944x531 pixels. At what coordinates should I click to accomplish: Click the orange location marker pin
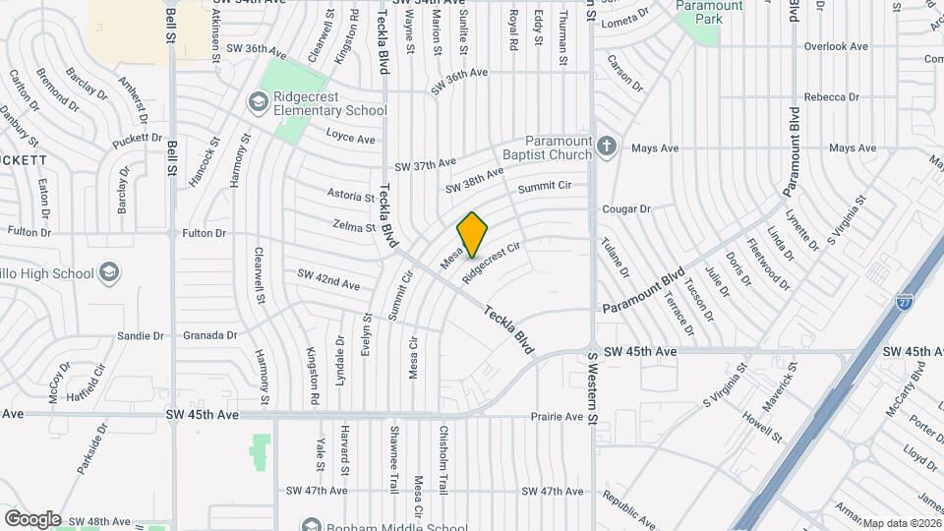[473, 234]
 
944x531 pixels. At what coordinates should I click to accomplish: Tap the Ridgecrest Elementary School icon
[258, 101]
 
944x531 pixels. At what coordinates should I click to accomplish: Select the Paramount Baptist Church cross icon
[607, 147]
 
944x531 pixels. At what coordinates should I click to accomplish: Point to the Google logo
[32, 519]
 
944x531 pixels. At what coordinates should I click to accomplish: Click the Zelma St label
[355, 227]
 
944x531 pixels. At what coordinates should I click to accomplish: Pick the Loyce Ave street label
[351, 138]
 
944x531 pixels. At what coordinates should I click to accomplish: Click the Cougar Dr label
[626, 208]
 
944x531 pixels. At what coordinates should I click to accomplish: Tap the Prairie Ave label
[557, 416]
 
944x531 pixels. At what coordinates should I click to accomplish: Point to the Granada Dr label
[210, 335]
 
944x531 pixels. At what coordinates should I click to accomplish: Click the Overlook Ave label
[836, 46]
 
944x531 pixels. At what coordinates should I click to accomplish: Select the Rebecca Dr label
[832, 97]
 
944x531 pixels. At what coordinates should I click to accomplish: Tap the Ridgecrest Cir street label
[490, 263]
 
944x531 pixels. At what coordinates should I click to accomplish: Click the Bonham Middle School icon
[312, 524]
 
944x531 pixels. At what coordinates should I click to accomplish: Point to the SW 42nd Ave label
[323, 281]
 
